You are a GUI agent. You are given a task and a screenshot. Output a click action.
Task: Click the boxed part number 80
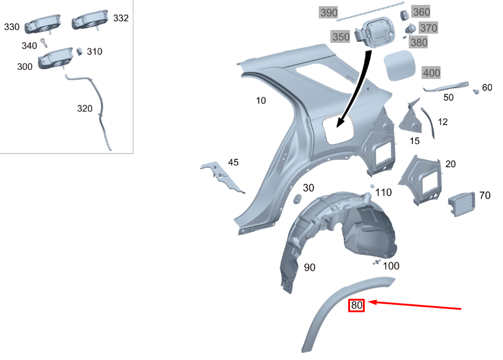click(357, 304)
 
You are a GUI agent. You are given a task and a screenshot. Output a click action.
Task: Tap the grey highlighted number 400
click(431, 73)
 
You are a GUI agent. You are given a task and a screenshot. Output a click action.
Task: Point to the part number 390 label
click(328, 13)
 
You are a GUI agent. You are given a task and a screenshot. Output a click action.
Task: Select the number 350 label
click(340, 37)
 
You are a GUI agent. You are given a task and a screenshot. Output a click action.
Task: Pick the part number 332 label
click(121, 18)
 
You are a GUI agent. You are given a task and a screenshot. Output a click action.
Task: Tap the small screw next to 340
click(45, 42)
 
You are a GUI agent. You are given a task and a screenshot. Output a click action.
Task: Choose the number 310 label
click(94, 51)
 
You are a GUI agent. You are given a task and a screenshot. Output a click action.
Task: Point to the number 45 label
click(233, 162)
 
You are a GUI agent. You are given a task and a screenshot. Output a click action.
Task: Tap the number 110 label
click(383, 192)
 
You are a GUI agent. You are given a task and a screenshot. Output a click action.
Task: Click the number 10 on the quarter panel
click(261, 100)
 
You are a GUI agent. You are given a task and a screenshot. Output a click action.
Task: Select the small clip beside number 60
click(475, 91)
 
